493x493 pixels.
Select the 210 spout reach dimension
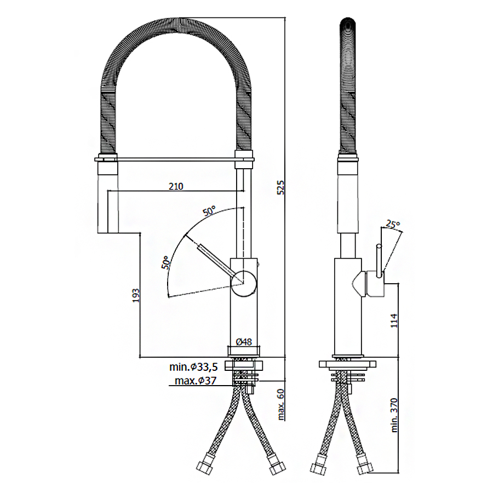click(x=176, y=186)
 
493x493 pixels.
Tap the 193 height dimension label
click(x=136, y=296)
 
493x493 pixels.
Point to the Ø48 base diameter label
click(x=244, y=341)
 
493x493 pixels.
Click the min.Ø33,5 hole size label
click(x=193, y=366)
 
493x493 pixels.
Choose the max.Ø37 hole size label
click(x=196, y=381)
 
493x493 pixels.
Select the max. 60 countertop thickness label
click(x=281, y=405)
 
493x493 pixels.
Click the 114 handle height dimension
click(x=394, y=320)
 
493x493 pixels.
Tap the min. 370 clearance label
click(x=394, y=415)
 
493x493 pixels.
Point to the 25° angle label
click(x=393, y=225)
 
